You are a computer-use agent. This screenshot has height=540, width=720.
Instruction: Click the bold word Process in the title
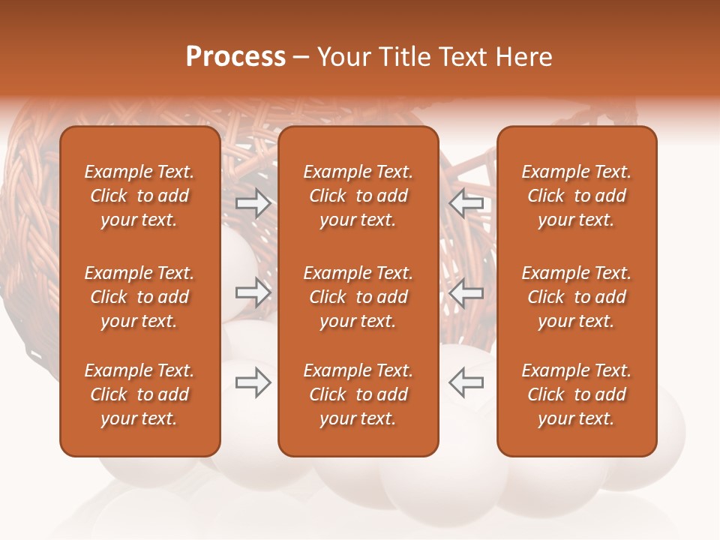pos(235,57)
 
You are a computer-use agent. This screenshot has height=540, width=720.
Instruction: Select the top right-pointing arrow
pos(253,203)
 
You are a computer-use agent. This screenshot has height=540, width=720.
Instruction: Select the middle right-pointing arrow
pos(253,292)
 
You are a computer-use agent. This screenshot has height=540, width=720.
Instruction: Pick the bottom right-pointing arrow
pos(253,382)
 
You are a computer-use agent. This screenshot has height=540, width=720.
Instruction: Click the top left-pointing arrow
pos(466,203)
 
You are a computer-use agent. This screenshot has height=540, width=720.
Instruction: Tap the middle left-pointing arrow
pos(466,292)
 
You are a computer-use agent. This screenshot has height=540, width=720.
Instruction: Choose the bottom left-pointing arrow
pos(466,382)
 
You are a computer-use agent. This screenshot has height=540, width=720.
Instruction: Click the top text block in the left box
pos(139,196)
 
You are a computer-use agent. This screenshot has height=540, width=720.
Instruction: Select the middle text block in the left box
pos(139,297)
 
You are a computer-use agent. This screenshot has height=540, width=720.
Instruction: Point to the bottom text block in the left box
pos(139,394)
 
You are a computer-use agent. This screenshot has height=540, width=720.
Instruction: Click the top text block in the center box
pos(358,196)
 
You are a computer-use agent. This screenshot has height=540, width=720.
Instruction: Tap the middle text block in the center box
pos(358,297)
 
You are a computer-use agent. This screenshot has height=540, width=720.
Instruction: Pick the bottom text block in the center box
pos(358,394)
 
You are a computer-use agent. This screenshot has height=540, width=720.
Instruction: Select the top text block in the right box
pos(577,196)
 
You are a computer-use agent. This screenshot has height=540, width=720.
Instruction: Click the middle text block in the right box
pos(577,297)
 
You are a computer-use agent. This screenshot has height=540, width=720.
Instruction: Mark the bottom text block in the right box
pos(577,394)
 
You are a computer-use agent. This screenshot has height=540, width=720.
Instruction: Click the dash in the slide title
pos(301,58)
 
